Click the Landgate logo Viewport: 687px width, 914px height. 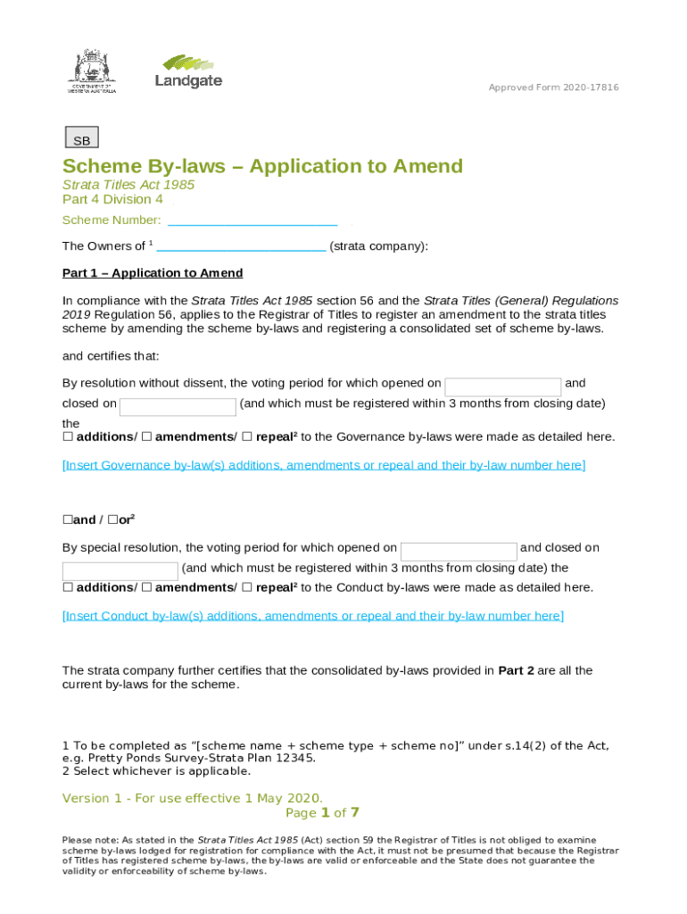point(188,71)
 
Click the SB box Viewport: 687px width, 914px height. point(82,138)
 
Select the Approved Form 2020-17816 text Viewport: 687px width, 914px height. point(553,87)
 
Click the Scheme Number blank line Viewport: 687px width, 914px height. point(252,221)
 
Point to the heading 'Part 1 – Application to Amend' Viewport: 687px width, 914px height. point(153,273)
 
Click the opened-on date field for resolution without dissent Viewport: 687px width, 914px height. point(502,386)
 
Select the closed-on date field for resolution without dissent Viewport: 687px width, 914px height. point(178,407)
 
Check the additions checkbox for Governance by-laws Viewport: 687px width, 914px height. point(68,437)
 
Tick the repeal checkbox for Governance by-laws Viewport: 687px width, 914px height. point(248,437)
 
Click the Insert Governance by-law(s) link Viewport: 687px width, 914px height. point(324,465)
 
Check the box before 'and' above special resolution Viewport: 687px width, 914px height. point(67,520)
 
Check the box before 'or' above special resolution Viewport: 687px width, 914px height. point(113,520)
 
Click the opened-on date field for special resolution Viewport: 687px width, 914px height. point(459,551)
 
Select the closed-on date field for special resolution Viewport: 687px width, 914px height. point(120,571)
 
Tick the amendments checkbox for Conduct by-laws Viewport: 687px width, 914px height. point(147,588)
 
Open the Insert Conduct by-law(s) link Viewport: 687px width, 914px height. point(312,616)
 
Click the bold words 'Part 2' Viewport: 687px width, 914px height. point(516,670)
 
